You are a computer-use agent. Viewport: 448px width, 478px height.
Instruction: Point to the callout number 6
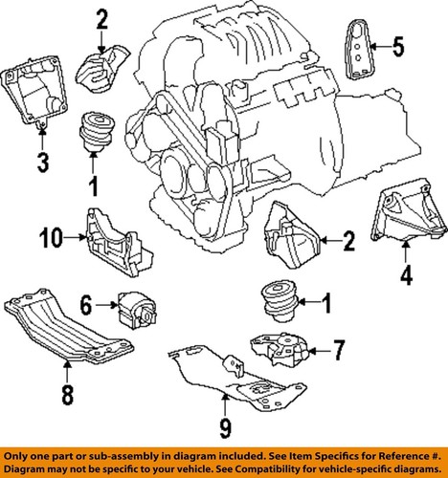85,306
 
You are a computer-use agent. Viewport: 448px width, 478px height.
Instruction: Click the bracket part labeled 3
38,90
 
